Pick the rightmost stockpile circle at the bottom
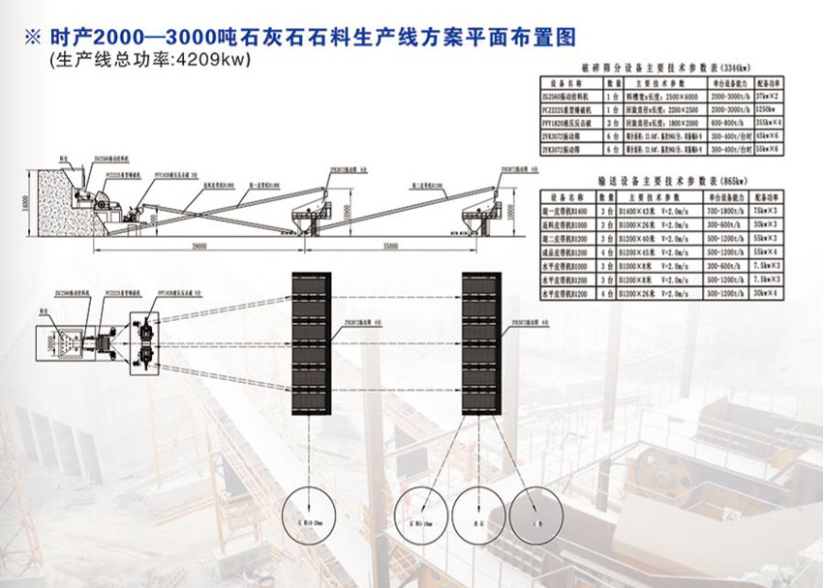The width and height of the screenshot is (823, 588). point(538,509)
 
